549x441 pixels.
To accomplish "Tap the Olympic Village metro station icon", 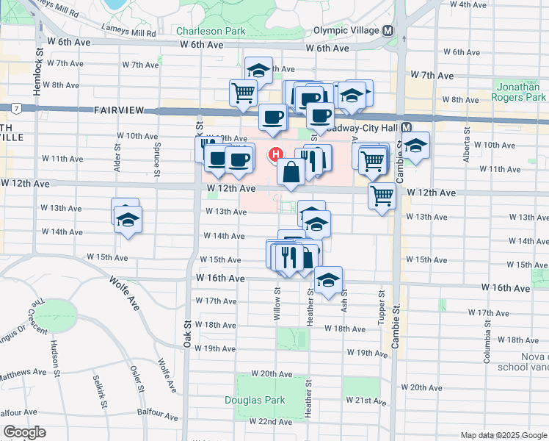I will tap(387, 30).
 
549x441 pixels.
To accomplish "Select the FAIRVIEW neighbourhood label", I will tap(123, 110).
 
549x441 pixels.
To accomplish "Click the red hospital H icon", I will tap(276, 154).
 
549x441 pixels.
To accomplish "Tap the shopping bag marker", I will tap(291, 173).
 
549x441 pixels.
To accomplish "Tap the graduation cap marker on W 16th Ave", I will tap(328, 279).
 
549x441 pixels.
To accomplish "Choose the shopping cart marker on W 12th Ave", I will tap(382, 196).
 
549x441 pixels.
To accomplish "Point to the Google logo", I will tap(24, 432).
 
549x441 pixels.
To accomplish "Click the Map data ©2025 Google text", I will tap(503, 435).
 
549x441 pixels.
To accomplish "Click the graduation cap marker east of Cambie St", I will tap(415, 146).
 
